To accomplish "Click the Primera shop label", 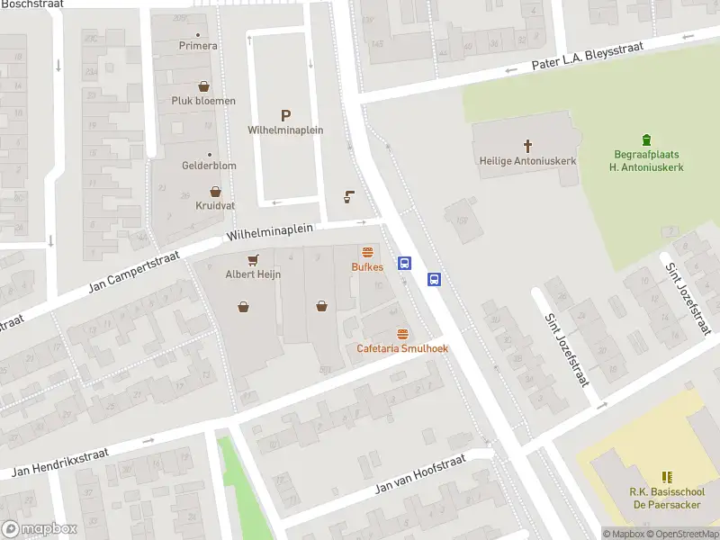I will click(198, 46).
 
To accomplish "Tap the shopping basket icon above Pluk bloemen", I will click(204, 86).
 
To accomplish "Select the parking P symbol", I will click(286, 115).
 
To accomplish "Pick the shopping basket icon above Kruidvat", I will click(215, 192).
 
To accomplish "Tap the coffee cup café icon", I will click(351, 198).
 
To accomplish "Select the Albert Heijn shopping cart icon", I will click(253, 260).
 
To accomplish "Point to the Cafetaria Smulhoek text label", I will click(402, 348).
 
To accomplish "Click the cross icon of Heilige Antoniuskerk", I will click(527, 145).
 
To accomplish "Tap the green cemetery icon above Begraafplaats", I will click(646, 139).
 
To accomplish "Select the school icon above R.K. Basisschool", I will click(667, 477).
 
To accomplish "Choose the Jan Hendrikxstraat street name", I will click(60, 463).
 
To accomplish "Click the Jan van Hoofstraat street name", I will click(420, 474).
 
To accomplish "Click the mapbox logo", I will click(39, 529).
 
